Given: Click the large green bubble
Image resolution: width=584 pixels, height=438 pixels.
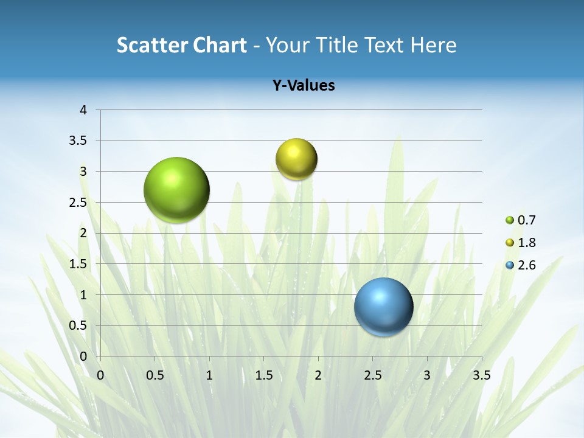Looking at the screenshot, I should [176, 190].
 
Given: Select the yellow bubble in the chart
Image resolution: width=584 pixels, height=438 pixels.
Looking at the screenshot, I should [296, 159].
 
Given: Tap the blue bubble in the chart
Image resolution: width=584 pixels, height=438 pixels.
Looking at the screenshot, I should [383, 307].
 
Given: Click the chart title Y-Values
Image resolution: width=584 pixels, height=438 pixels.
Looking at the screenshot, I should [303, 85].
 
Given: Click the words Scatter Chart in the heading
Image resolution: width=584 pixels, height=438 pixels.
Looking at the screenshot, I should [181, 45].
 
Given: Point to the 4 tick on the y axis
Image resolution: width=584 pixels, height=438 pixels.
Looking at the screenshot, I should [83, 110].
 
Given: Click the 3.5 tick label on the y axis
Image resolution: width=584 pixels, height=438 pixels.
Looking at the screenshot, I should [79, 141].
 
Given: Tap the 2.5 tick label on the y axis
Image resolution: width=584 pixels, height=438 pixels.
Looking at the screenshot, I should [79, 203].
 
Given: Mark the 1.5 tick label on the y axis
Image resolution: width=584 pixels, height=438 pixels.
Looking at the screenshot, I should [79, 264].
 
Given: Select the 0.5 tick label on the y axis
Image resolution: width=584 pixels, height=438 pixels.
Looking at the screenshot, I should [79, 326].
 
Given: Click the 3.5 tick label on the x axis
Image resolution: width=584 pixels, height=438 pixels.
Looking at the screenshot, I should [481, 375].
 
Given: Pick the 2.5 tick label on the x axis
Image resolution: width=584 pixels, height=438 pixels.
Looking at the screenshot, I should [372, 375].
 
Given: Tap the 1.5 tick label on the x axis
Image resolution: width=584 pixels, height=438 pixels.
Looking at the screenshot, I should [263, 375].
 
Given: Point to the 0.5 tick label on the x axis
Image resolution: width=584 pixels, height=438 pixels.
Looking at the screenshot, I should [155, 375].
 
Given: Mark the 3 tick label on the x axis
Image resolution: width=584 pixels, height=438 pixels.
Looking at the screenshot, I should [427, 375].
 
